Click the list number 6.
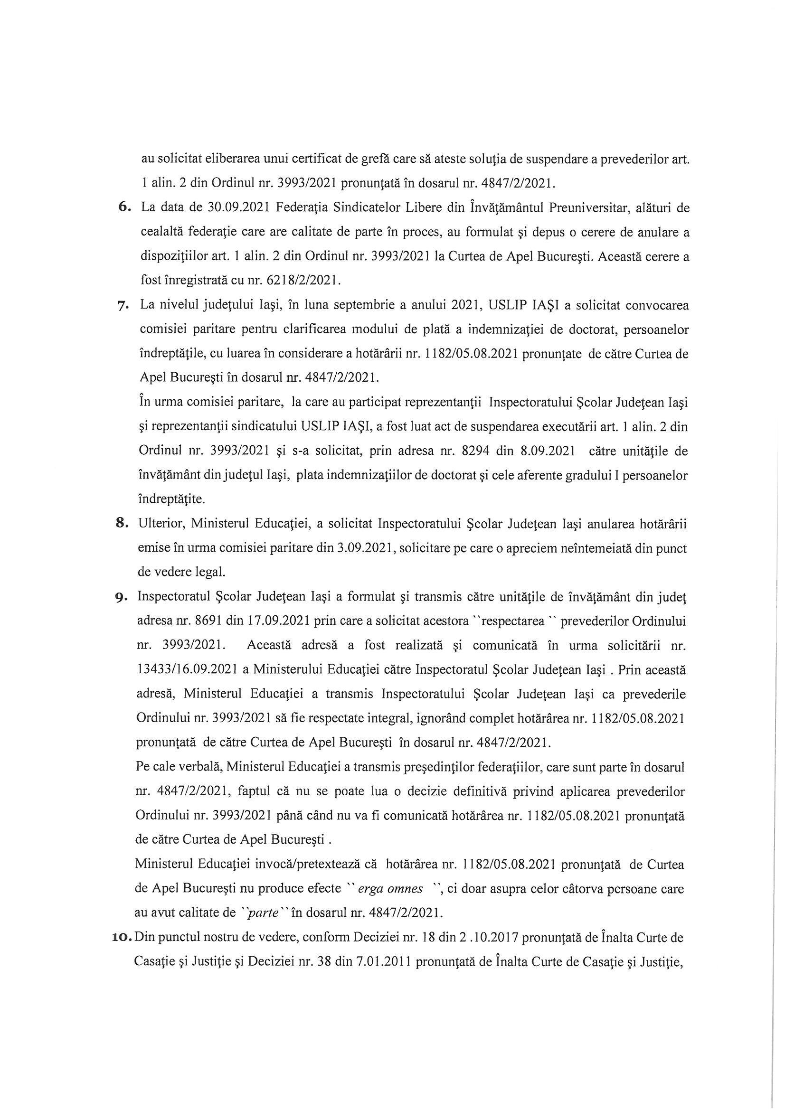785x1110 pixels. pyautogui.click(x=124, y=208)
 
